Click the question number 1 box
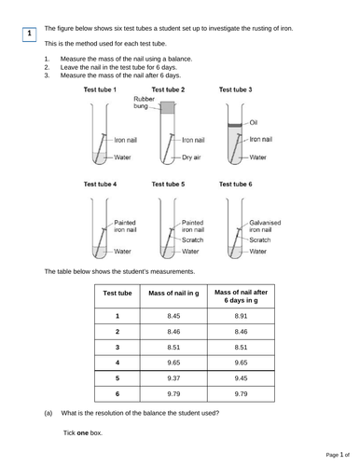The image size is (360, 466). click(x=29, y=34)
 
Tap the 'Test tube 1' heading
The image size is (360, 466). click(x=100, y=89)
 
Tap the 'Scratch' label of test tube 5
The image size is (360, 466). click(x=191, y=240)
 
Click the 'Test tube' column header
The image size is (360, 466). click(x=118, y=293)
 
